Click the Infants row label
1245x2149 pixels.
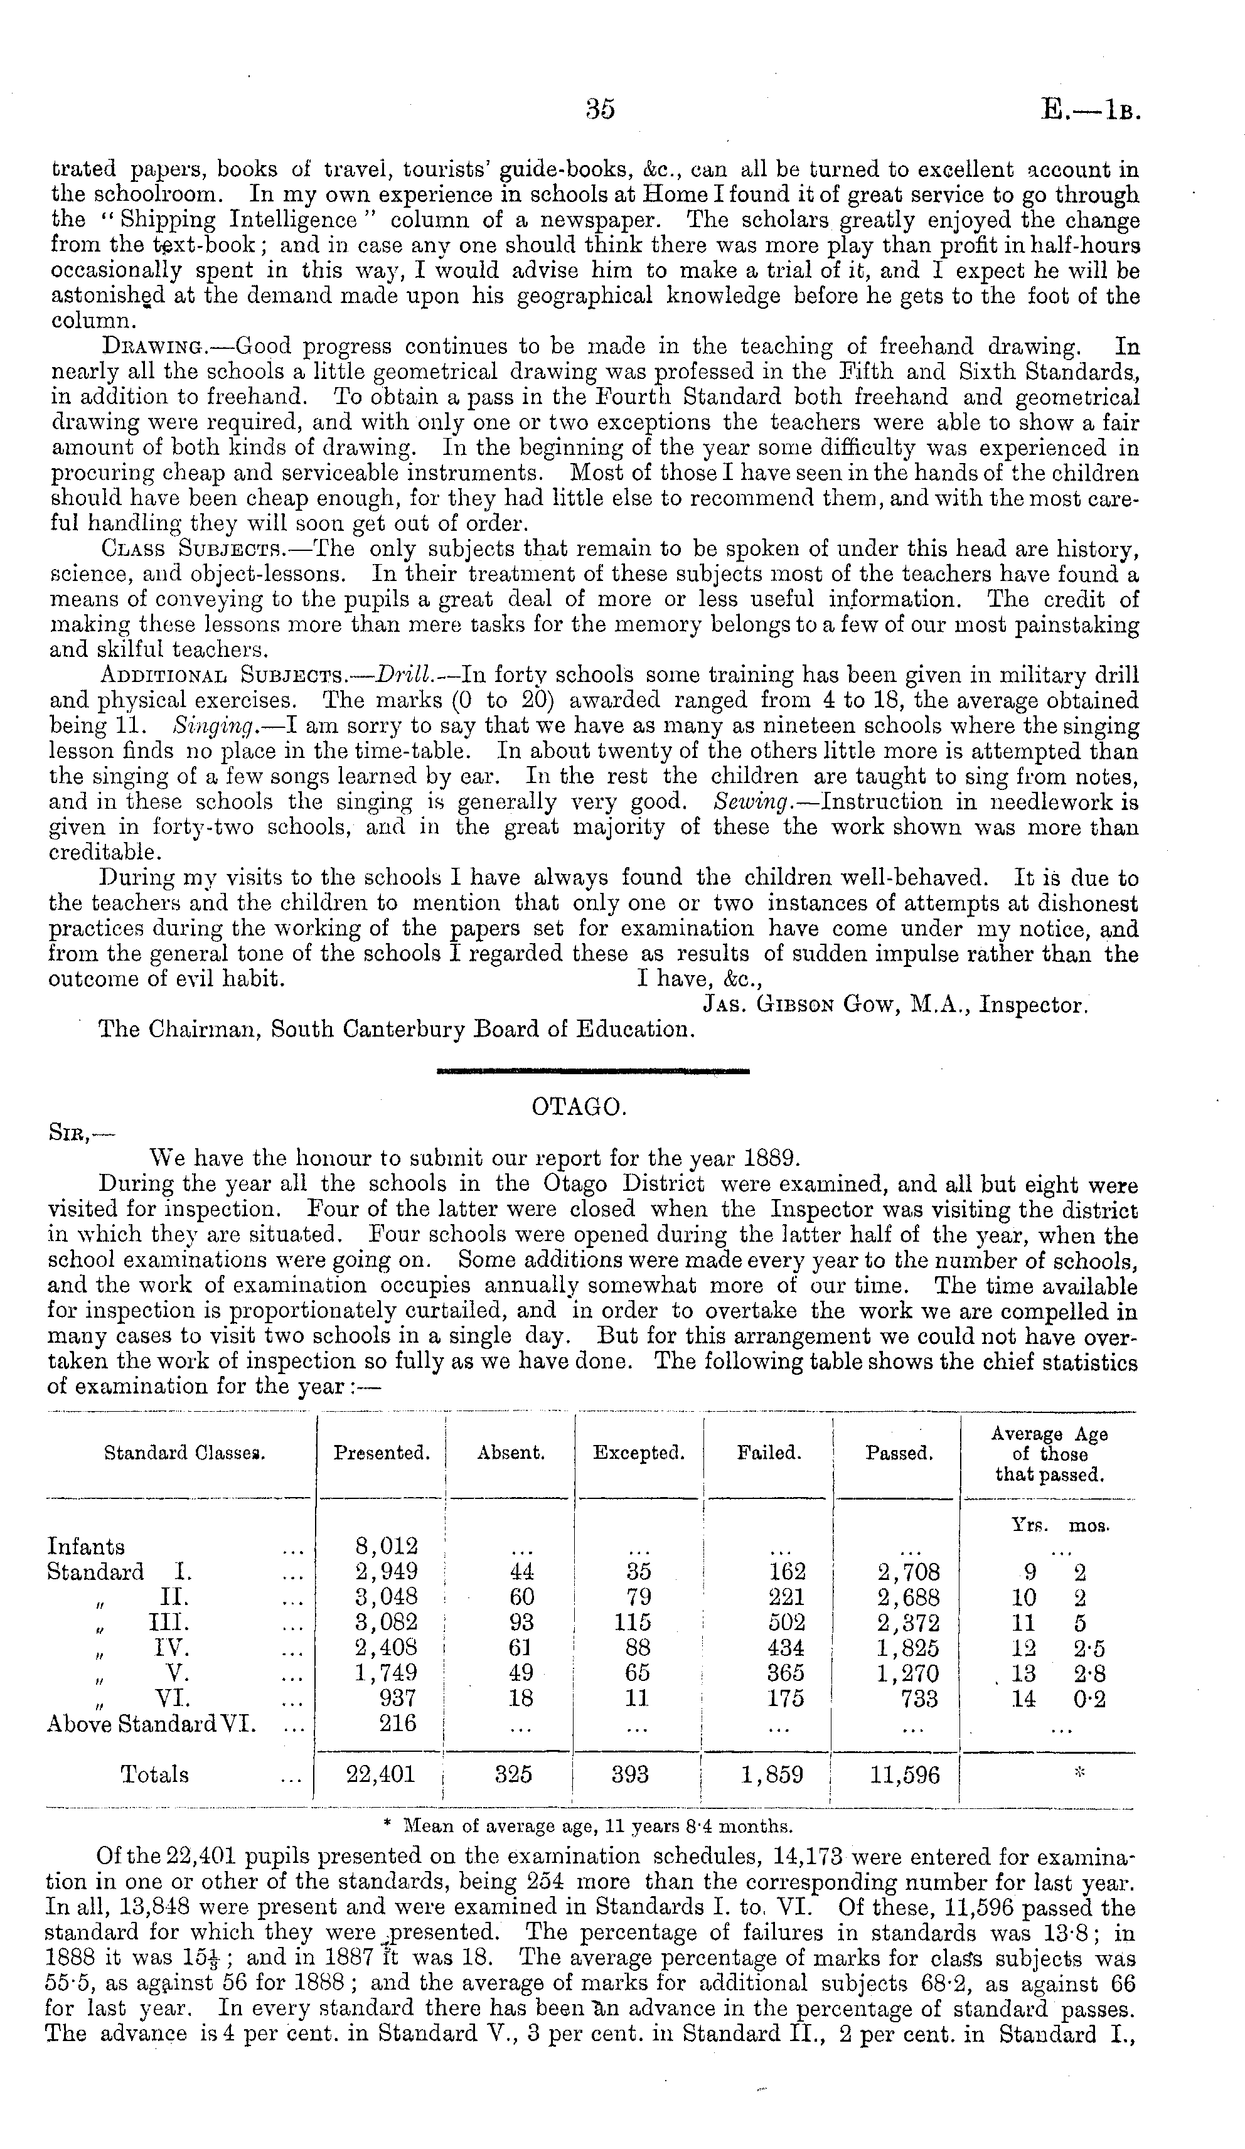(86, 1547)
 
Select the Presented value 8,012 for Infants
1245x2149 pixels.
(385, 1547)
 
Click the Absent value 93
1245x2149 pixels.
(520, 1623)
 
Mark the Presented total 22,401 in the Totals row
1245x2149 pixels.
(380, 1774)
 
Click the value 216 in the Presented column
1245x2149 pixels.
(397, 1724)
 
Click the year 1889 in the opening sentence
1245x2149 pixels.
(770, 1159)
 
